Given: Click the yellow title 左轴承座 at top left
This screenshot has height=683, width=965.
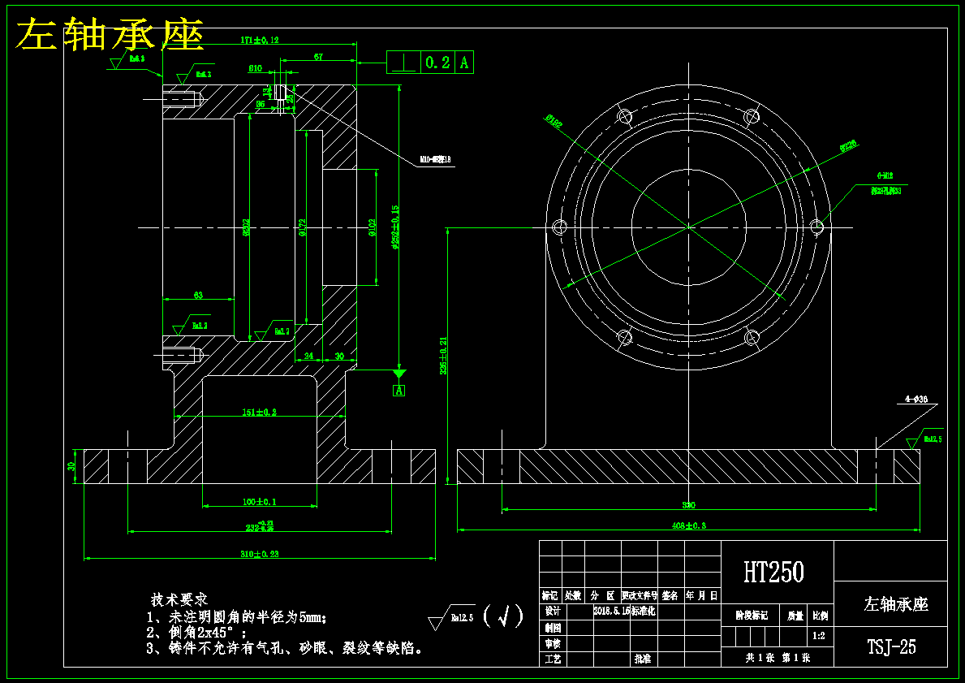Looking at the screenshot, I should [x=110, y=35].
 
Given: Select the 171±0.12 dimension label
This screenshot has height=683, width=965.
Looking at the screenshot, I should [x=260, y=40].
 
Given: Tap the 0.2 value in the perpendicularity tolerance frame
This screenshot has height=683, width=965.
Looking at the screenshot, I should [x=438, y=63].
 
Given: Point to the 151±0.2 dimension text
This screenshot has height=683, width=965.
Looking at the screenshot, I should [x=260, y=413].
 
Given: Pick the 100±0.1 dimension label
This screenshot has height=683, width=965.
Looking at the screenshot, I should [x=260, y=501].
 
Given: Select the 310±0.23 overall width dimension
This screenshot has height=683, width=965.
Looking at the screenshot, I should [x=260, y=554].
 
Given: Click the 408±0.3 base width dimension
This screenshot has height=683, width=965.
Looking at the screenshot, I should [x=689, y=525].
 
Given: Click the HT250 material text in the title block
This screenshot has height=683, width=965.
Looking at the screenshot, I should [x=773, y=573].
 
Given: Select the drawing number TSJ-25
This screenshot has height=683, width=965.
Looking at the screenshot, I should [x=891, y=647].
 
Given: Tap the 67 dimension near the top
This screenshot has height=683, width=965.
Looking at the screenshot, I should [x=318, y=58].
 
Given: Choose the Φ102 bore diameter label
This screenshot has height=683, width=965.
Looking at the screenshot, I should [x=373, y=227].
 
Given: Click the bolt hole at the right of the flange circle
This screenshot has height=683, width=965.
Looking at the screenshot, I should [x=817, y=227].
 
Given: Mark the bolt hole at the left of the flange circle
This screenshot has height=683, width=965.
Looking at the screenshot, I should [x=558, y=227].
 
